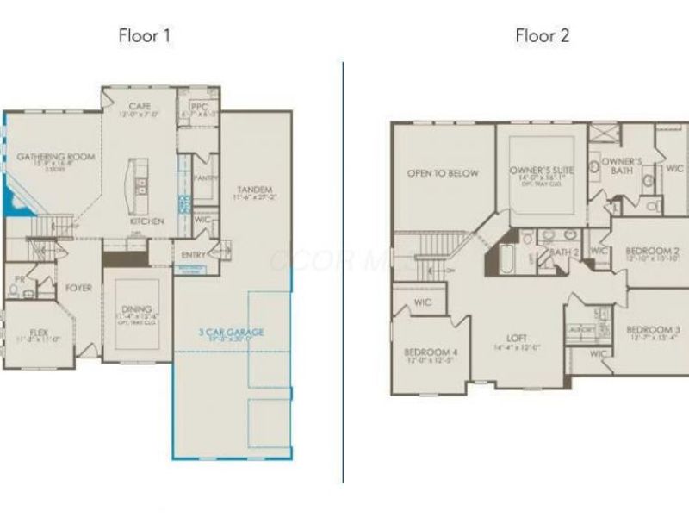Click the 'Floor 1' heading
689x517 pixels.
click(145, 35)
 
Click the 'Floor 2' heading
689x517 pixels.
click(543, 35)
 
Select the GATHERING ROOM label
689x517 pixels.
click(56, 157)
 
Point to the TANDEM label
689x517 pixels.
click(253, 190)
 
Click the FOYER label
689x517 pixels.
click(79, 288)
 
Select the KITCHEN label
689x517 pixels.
click(146, 221)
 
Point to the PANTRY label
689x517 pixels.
click(205, 177)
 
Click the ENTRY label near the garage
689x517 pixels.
click(194, 254)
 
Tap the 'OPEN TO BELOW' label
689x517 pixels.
click(443, 173)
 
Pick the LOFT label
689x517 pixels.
click(517, 338)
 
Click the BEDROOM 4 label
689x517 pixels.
click(431, 352)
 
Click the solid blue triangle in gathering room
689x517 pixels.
click(12, 204)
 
